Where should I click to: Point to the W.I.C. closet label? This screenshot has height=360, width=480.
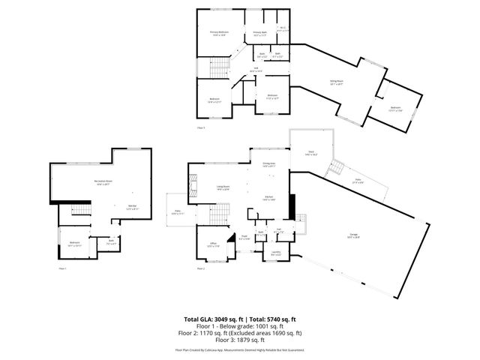click(x=283, y=29)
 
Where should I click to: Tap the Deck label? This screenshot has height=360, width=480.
click(x=311, y=154)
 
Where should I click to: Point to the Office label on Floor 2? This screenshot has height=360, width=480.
click(x=213, y=244)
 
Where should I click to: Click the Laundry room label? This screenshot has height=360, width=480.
click(x=275, y=252)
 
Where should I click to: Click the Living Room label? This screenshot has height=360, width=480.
click(x=223, y=188)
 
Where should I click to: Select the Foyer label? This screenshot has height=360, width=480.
click(x=244, y=238)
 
